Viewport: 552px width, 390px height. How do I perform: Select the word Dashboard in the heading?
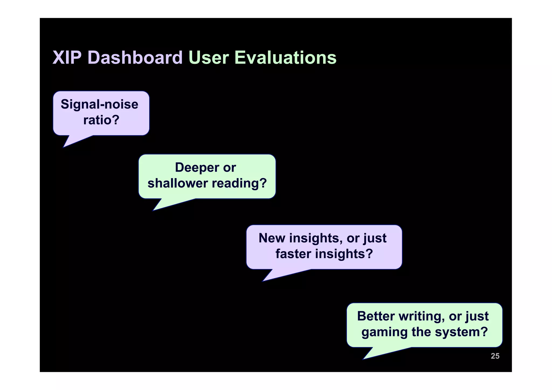[135, 58]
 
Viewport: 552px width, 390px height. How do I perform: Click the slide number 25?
[495, 356]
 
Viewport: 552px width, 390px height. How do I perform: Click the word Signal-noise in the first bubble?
[99, 104]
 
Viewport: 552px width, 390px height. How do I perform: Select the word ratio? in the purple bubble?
[101, 120]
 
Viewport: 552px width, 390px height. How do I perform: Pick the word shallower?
[178, 183]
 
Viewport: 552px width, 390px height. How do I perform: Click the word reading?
[239, 183]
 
